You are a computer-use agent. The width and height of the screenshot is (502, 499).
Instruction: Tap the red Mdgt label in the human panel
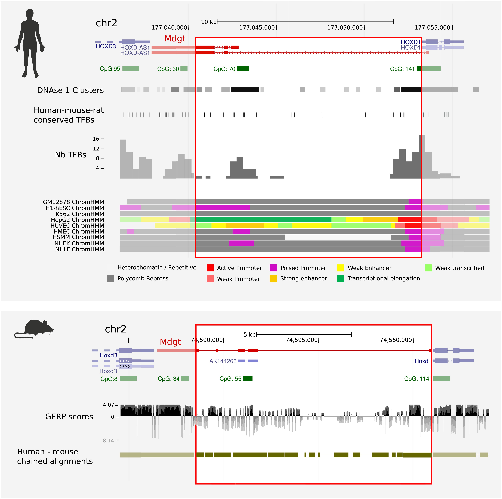[175, 38]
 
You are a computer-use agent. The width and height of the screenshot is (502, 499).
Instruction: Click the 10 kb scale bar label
[208, 22]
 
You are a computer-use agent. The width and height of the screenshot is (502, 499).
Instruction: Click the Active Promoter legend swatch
[210, 268]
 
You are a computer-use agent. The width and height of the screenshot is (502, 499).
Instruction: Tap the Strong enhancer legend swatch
[273, 279]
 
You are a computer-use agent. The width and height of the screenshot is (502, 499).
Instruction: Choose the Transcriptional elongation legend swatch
[340, 279]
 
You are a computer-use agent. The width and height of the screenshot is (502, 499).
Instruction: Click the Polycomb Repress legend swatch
[110, 279]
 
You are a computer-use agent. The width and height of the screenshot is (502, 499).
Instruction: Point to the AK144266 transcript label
[223, 361]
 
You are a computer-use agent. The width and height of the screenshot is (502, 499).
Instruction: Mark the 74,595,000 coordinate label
[302, 340]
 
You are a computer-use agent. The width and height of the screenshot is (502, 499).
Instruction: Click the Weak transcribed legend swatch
[428, 268]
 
